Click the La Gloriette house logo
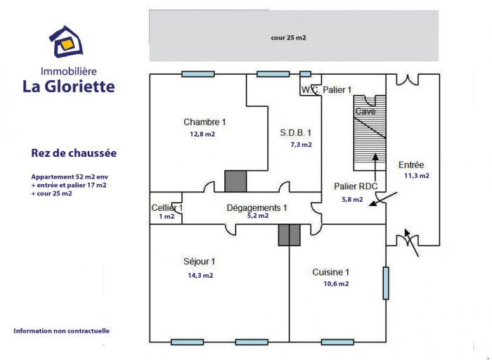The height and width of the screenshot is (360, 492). (66, 41)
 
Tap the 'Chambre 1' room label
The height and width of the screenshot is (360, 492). (205, 122)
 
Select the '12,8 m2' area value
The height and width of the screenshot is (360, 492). (202, 134)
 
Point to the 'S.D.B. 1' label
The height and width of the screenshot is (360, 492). (296, 133)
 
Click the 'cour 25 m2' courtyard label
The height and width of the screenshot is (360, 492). (288, 38)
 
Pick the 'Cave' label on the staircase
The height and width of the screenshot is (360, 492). (365, 111)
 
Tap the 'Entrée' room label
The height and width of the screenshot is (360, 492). (411, 165)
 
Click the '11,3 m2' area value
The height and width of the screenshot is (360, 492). (417, 176)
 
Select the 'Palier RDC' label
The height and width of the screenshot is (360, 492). (356, 186)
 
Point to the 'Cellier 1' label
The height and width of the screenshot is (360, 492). (167, 208)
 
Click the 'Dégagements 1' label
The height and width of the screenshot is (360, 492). (257, 208)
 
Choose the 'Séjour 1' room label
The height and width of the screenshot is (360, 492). (199, 262)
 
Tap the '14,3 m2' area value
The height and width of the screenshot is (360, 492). (200, 276)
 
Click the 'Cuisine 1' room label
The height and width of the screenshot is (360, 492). (331, 272)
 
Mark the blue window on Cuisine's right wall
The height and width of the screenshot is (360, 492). (386, 283)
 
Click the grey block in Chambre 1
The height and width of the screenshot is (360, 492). (235, 181)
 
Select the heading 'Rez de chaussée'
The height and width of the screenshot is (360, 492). (74, 153)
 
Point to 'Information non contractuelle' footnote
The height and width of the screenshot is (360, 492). (62, 330)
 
